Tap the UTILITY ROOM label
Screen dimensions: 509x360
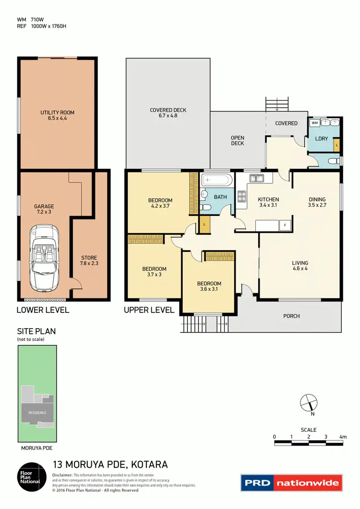click(57, 115)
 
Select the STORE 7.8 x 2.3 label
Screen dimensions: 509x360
click(89, 260)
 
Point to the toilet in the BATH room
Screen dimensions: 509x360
click(205, 207)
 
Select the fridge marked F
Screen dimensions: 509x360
click(285, 225)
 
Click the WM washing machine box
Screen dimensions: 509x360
click(315, 123)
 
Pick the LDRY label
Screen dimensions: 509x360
click(321, 139)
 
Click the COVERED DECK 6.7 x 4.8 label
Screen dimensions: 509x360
click(168, 113)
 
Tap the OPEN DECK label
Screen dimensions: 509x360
click(238, 140)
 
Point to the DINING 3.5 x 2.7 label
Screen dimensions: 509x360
click(317, 202)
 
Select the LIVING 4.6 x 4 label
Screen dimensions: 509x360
click(300, 266)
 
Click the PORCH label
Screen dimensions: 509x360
click(291, 316)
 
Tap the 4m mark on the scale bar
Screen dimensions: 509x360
click(342, 437)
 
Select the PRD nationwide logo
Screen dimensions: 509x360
click(291, 483)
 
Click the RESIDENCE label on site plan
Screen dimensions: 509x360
click(37, 413)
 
